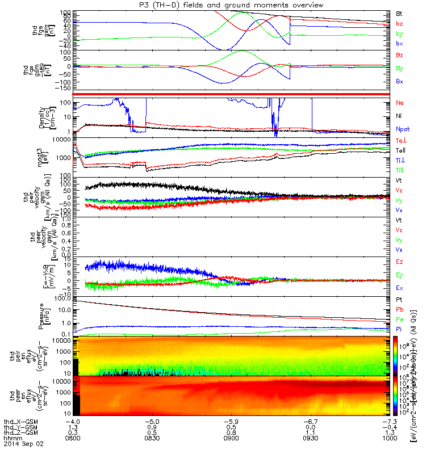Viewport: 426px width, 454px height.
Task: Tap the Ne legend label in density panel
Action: tap(399, 103)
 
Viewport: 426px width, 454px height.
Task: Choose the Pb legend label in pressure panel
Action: tap(399, 310)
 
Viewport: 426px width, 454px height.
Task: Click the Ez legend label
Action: tap(399, 262)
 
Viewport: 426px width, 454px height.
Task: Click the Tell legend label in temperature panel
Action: tap(400, 150)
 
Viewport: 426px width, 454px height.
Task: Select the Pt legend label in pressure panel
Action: tap(399, 299)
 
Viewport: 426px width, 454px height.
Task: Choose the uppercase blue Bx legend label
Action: tap(399, 81)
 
